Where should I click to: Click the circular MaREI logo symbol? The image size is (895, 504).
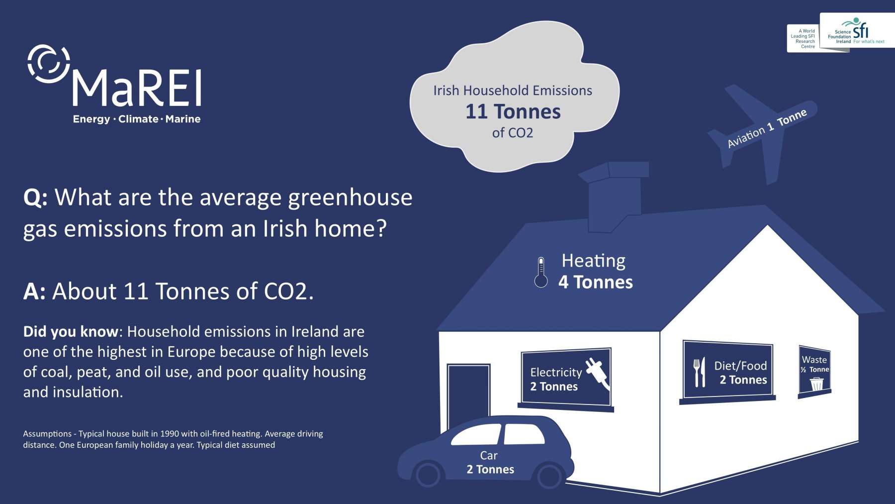[x=48, y=64]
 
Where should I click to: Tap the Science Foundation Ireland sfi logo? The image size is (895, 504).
[x=857, y=31]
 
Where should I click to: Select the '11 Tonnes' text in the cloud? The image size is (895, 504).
[x=513, y=112]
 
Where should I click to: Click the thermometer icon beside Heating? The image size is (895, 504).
[x=541, y=273]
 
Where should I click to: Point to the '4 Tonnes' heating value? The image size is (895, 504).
[x=596, y=282]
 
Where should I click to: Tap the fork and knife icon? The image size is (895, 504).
[x=700, y=372]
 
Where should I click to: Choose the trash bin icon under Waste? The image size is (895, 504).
[x=816, y=384]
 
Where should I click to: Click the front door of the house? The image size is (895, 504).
[x=468, y=393]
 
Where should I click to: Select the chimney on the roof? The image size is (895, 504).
[x=615, y=197]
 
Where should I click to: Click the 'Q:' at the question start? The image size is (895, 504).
[x=35, y=198]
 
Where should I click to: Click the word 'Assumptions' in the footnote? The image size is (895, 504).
[x=47, y=434]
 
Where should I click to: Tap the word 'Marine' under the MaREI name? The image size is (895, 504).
[x=183, y=119]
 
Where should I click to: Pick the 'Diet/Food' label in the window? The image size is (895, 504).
[x=740, y=366]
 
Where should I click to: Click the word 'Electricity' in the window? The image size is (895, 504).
[x=556, y=372]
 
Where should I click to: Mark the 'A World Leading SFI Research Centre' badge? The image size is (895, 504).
[x=803, y=38]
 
